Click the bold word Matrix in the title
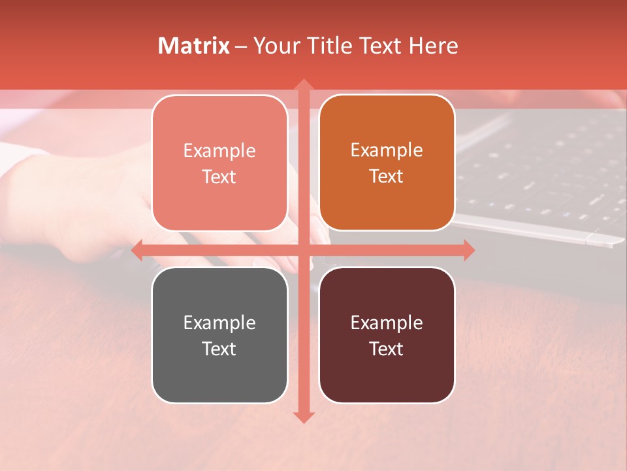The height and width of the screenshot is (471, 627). click(194, 46)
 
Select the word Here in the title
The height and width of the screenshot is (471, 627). click(434, 46)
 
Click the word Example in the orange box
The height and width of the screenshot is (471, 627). click(387, 150)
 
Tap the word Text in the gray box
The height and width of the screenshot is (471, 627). click(219, 349)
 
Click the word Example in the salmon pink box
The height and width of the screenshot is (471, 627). click(219, 150)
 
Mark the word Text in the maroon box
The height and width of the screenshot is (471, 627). click(387, 349)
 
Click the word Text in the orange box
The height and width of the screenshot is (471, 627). click(387, 176)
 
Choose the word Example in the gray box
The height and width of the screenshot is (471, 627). click(219, 323)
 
